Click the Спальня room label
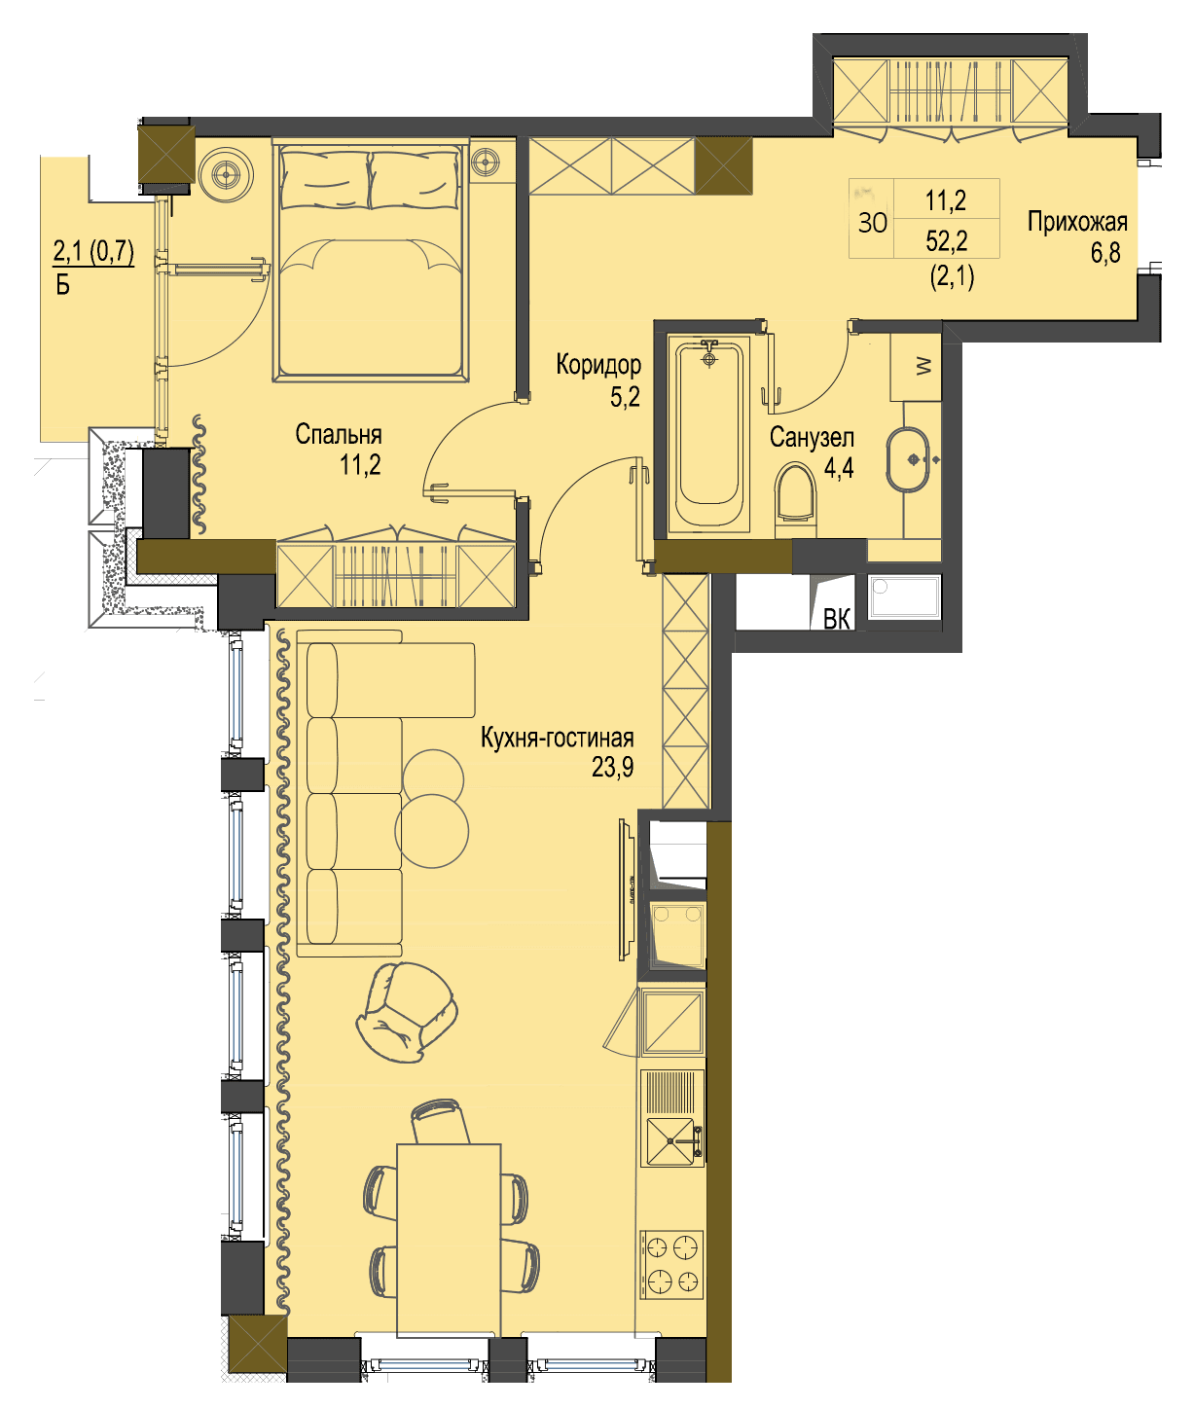(338, 434)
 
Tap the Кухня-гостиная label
(557, 738)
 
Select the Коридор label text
(598, 365)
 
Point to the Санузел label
(812, 438)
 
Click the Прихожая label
(1077, 222)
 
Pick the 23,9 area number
(612, 768)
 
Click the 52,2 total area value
(947, 240)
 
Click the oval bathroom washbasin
(907, 459)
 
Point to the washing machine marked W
(916, 367)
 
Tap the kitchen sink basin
(670, 1141)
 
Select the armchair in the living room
(407, 1012)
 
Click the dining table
(449, 1241)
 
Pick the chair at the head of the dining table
(439, 1122)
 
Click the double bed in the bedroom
(371, 259)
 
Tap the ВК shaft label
(837, 619)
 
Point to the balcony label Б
(62, 285)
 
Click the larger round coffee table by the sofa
(432, 831)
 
